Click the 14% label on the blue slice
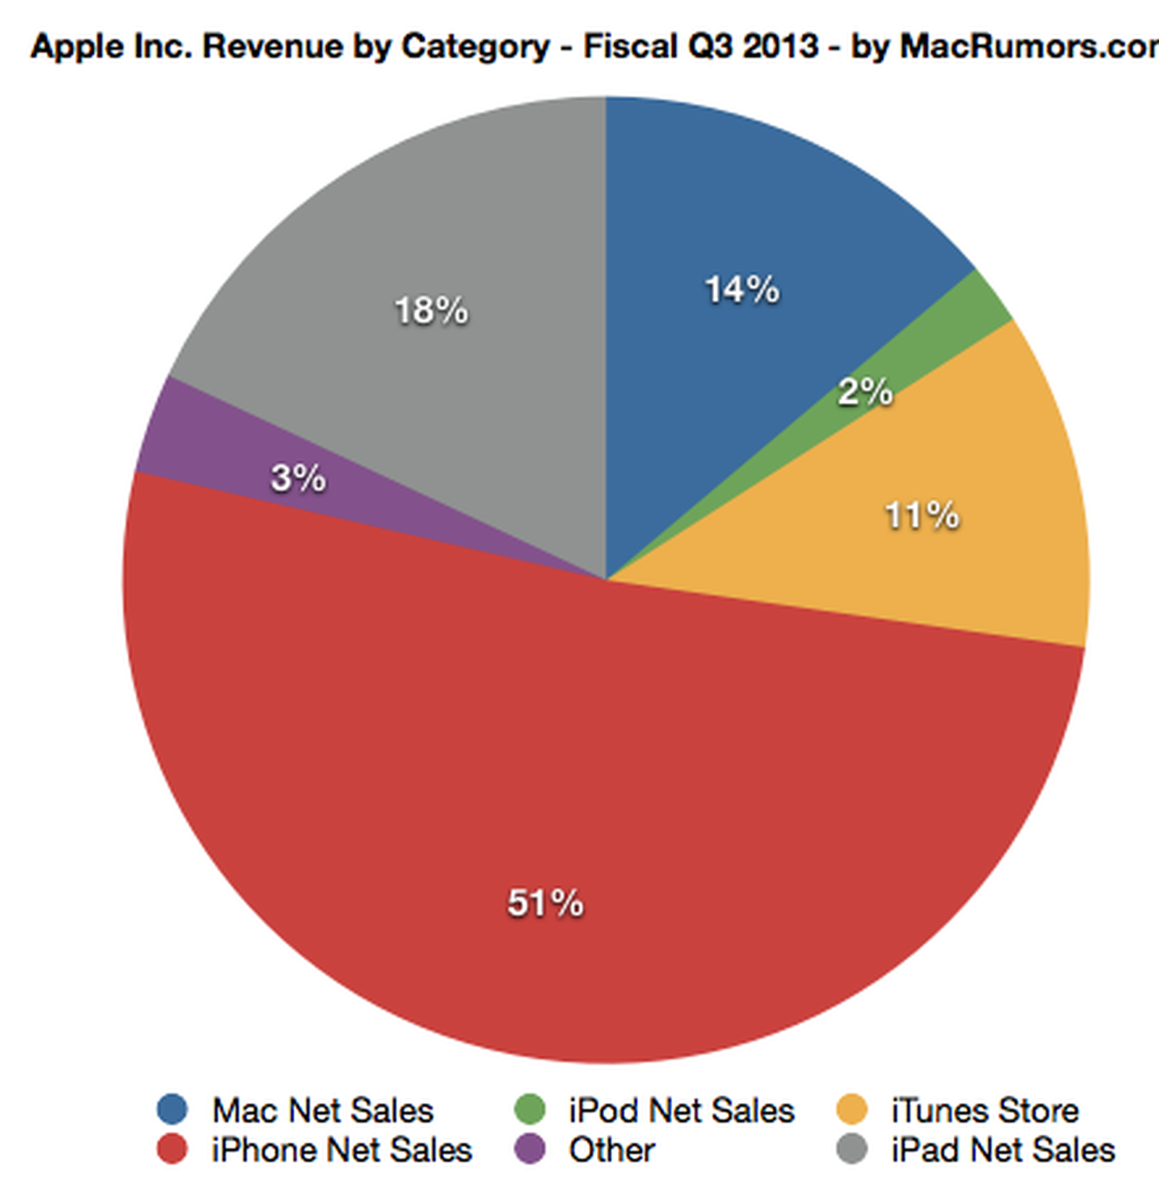tap(742, 290)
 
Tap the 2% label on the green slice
tap(865, 392)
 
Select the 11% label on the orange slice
tap(922, 516)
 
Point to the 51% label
tap(545, 903)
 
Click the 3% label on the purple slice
tap(298, 478)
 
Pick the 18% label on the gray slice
tap(431, 311)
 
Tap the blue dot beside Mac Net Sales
tap(172, 1109)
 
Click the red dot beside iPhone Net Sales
tap(172, 1149)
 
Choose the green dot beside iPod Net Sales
tap(530, 1109)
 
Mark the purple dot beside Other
tap(530, 1149)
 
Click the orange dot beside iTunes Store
tap(852, 1109)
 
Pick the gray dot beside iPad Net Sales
tap(852, 1149)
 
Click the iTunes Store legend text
tap(985, 1110)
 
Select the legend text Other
tap(611, 1150)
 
